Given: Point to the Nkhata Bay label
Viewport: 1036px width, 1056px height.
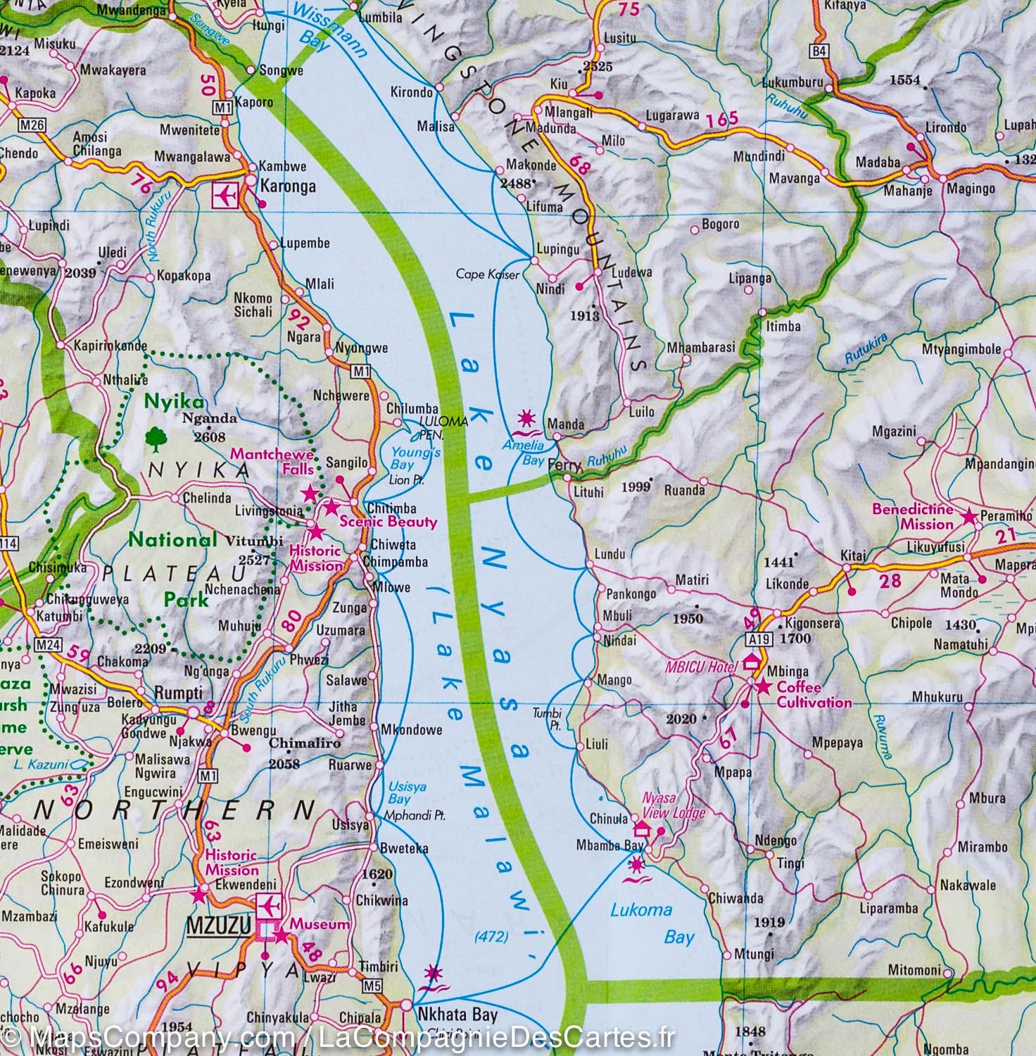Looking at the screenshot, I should pos(457,1015).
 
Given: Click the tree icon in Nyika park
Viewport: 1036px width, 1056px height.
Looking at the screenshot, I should pos(153,440).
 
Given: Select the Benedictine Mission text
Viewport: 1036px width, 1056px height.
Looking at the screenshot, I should pos(913,517).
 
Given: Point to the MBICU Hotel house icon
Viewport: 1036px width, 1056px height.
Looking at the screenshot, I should pos(751,661).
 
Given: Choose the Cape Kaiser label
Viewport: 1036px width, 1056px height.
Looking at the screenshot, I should pos(487,274).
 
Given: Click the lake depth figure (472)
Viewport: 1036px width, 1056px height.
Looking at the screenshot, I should pos(491,936).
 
